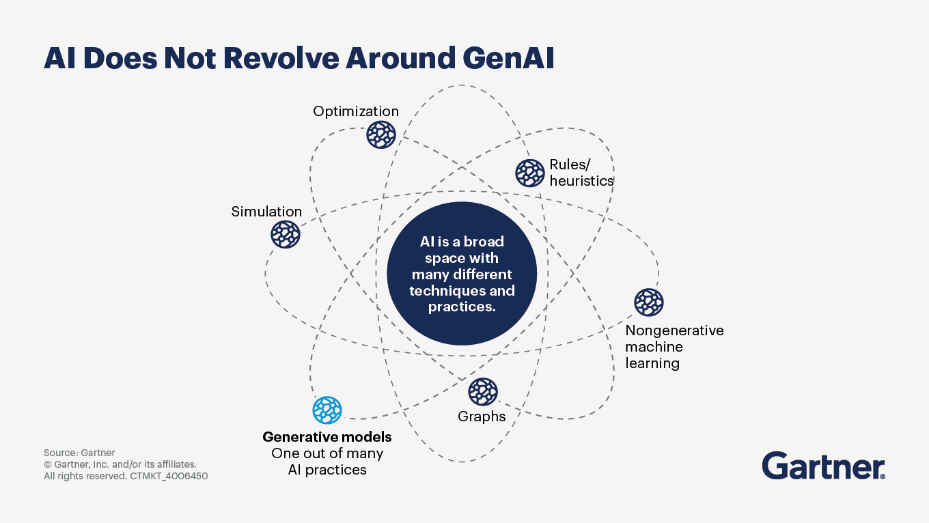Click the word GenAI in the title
click(508, 59)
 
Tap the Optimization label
click(355, 111)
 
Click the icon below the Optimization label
click(381, 135)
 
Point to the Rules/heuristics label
click(581, 173)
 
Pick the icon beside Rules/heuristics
click(530, 173)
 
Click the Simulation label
click(266, 212)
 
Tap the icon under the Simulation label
click(286, 234)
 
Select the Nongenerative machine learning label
click(674, 347)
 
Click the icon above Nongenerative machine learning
click(649, 302)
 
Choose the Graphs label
click(482, 416)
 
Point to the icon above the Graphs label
click(483, 392)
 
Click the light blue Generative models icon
click(327, 410)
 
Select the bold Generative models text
click(327, 437)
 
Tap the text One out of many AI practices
click(327, 462)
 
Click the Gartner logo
click(823, 466)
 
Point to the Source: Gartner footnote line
click(79, 453)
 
